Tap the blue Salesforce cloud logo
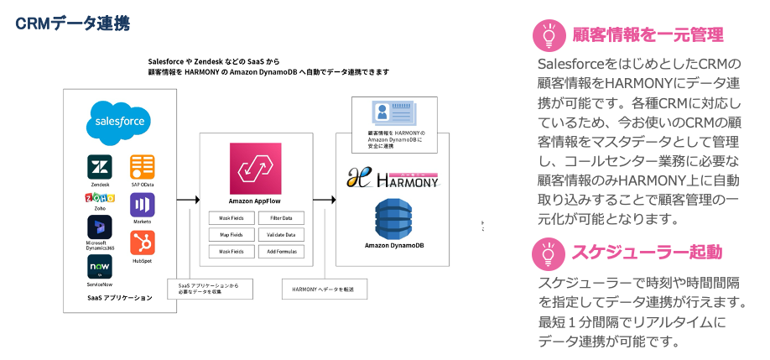118,123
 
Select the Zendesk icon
99,165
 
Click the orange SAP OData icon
142,165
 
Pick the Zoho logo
99,199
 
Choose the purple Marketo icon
142,205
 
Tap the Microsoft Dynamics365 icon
99,227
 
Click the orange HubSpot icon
142,243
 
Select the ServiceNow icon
99,268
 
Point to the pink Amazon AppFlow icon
253,168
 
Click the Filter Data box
280,218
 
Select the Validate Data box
280,235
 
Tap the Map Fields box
226,235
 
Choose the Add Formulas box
280,251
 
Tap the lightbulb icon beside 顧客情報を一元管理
549,36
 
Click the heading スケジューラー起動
646,252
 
